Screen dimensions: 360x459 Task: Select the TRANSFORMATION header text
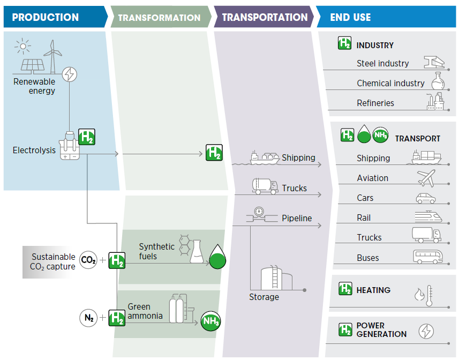[x=159, y=18]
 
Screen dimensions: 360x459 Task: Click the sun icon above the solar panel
[x=22, y=46]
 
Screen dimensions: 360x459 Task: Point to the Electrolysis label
[x=34, y=151]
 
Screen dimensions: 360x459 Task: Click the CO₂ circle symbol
[x=88, y=260]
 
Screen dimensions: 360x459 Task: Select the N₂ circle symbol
[x=88, y=318]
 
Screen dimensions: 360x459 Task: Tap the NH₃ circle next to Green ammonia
[x=210, y=321]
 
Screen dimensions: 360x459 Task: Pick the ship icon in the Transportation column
[x=265, y=157]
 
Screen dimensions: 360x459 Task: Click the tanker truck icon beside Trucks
[x=265, y=186]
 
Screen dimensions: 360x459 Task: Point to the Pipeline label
[x=297, y=218]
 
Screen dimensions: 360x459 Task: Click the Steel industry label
[x=382, y=63]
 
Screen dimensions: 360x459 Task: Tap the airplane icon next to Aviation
[x=426, y=178]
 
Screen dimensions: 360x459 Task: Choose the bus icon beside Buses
[x=427, y=257]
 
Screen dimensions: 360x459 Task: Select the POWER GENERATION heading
[x=381, y=329]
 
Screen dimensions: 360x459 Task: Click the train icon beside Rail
[x=428, y=217]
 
